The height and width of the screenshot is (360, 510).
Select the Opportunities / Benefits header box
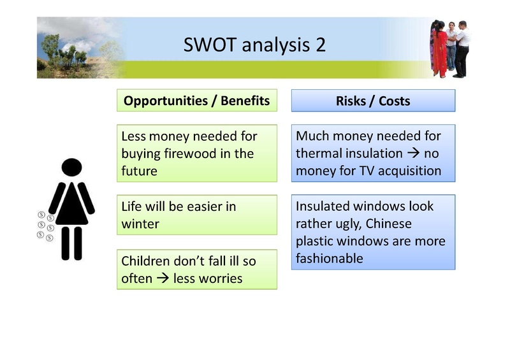pos(196,101)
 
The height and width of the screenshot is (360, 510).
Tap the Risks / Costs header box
pos(373,101)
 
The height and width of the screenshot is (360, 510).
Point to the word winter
pos(140,224)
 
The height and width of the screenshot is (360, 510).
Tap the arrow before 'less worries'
pos(164,278)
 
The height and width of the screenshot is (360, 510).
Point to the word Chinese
pos(389,224)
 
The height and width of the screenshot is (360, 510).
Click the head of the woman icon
pos(71,168)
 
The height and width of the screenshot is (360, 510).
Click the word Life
pos(133,206)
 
